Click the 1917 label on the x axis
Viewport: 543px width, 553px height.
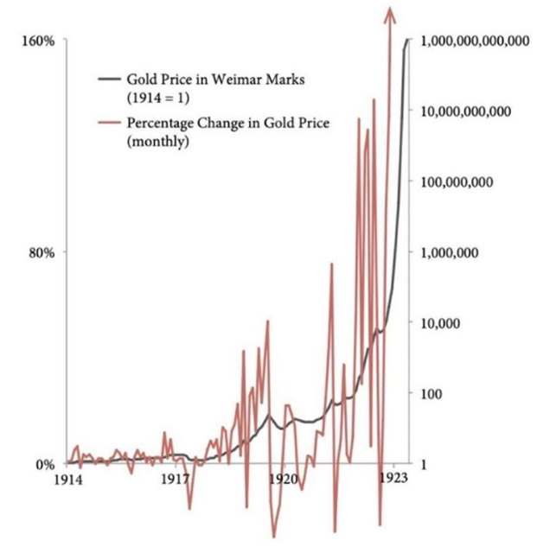(x=176, y=478)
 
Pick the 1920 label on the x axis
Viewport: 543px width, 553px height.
(x=284, y=478)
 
